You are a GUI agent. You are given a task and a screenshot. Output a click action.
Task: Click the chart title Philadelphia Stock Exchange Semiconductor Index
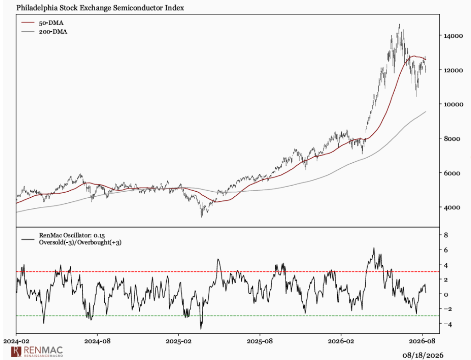click(x=100, y=8)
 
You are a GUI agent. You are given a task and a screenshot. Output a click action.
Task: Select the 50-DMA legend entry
click(x=42, y=23)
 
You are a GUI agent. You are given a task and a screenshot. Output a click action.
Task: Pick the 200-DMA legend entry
click(x=44, y=32)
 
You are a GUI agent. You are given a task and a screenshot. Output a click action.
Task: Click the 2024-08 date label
click(x=97, y=341)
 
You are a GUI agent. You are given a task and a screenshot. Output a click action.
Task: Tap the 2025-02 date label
click(x=178, y=341)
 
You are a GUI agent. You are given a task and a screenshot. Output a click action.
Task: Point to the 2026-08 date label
click(x=422, y=341)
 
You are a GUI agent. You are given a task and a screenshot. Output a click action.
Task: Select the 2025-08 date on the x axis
click(x=260, y=341)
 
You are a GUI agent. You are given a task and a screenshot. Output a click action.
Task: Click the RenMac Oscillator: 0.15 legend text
click(x=72, y=235)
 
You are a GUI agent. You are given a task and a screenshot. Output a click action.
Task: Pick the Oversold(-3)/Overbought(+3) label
click(x=80, y=242)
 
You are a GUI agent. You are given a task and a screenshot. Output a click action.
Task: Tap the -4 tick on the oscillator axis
click(x=445, y=324)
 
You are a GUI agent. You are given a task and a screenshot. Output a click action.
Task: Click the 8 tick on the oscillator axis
click(x=446, y=235)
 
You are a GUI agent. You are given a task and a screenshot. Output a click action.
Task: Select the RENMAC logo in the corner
click(x=37, y=351)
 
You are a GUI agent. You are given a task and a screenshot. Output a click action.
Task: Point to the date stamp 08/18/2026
click(x=423, y=355)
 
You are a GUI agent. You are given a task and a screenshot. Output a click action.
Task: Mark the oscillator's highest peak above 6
click(x=374, y=248)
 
